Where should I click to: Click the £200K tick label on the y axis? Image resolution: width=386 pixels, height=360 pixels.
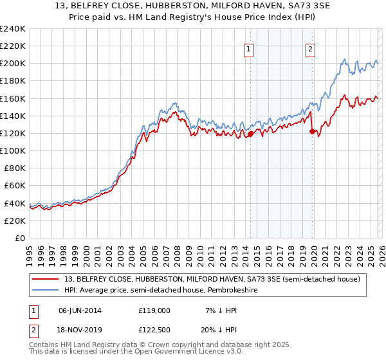click(x=13, y=64)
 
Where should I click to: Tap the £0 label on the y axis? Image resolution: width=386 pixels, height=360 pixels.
click(x=21, y=238)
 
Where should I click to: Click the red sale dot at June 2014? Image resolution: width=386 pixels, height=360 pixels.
click(x=250, y=134)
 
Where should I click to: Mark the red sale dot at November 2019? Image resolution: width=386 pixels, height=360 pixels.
click(x=313, y=131)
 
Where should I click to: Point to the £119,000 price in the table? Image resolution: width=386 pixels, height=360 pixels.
click(x=155, y=310)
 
